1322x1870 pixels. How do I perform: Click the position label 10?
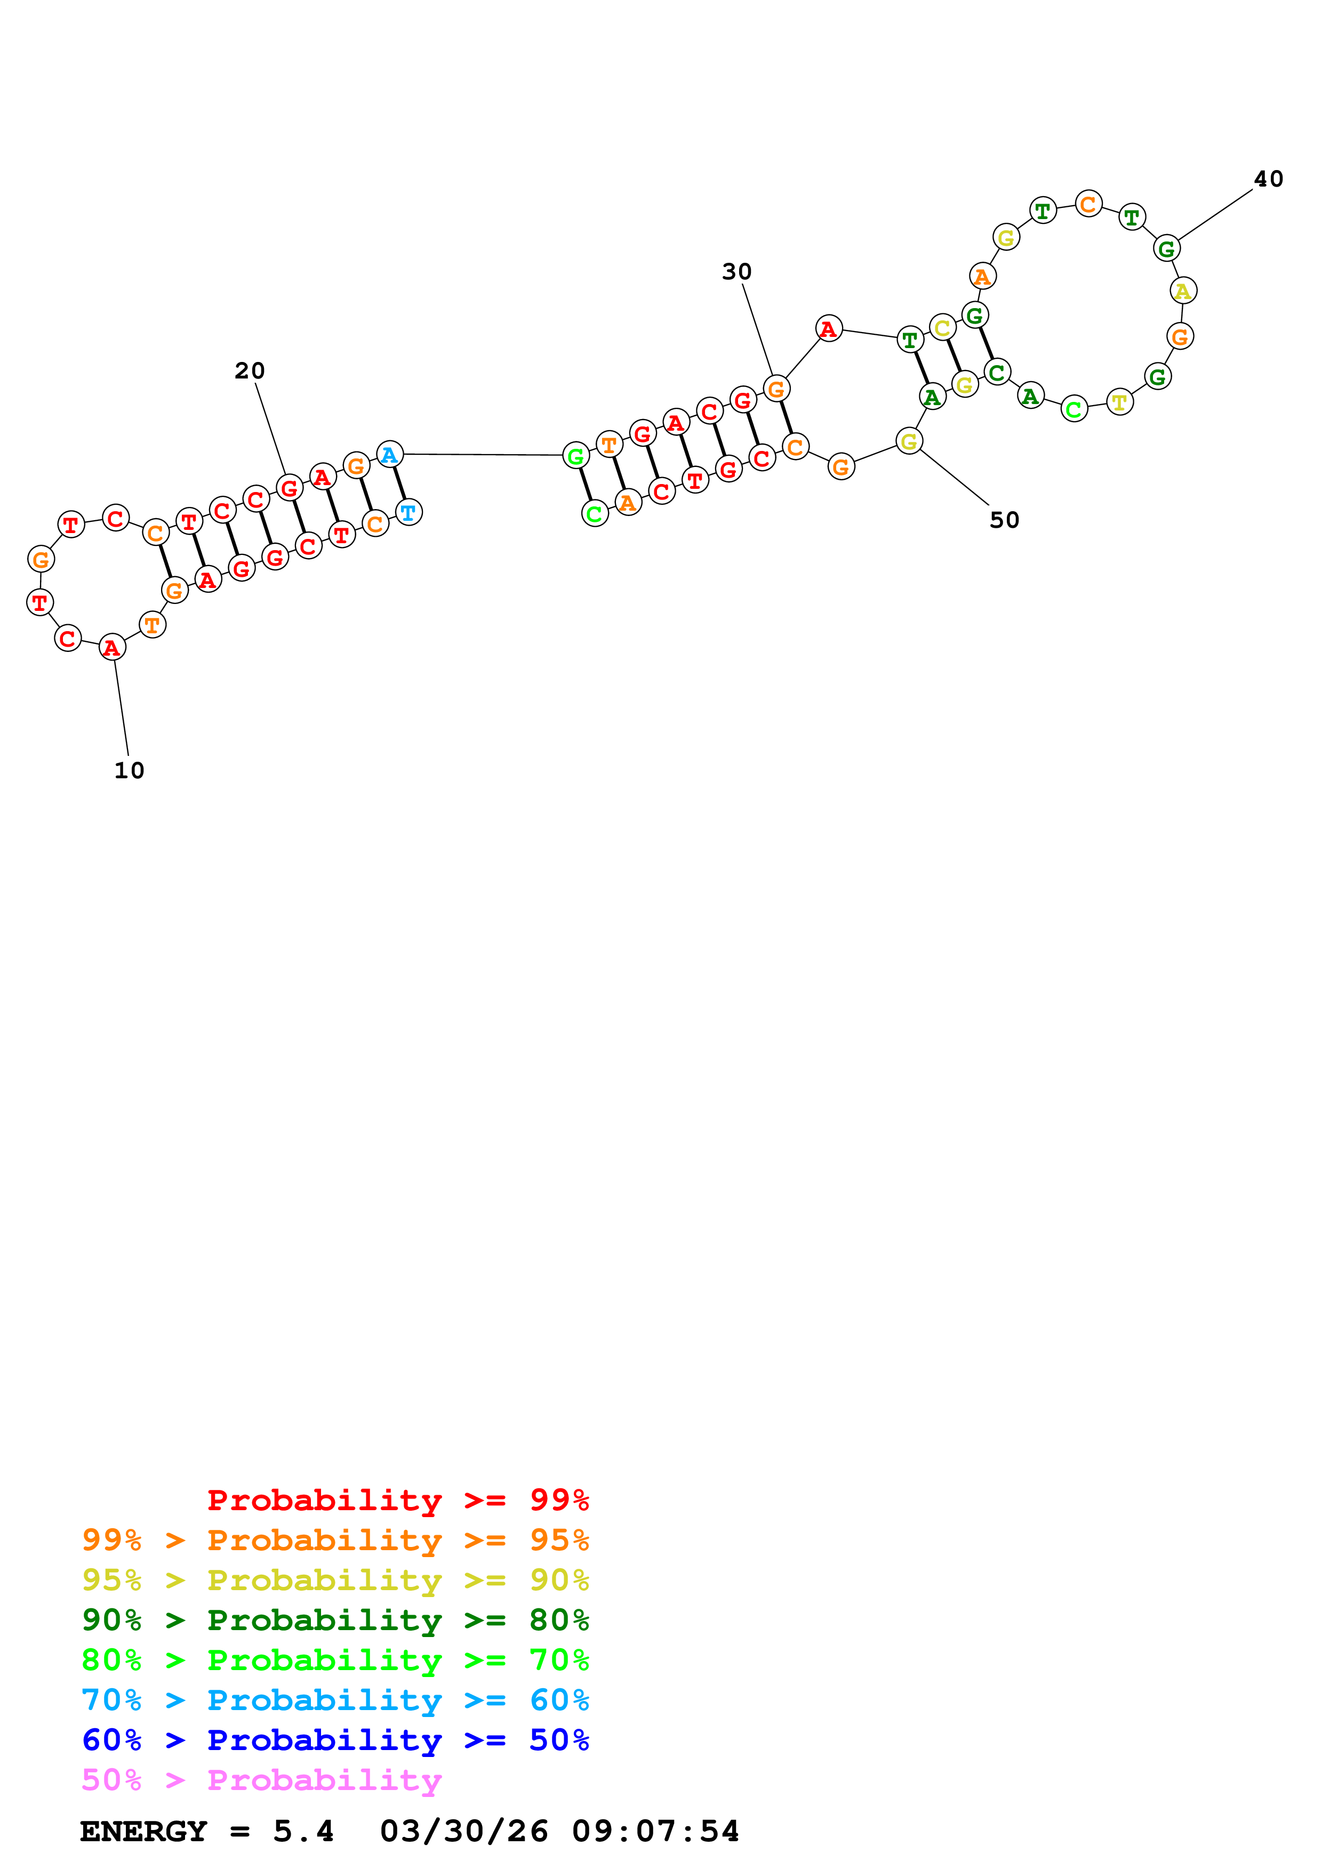point(129,770)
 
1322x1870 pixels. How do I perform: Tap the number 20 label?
point(249,370)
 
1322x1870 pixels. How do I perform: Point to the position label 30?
point(736,271)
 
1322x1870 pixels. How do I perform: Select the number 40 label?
point(1268,179)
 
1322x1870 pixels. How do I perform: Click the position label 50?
point(1004,520)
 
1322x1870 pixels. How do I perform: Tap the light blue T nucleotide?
point(408,512)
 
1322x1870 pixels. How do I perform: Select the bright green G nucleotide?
point(576,456)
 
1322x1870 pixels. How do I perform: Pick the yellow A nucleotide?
point(1183,290)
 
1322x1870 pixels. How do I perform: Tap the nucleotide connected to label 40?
point(1166,248)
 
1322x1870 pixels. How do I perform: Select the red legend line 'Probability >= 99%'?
point(397,1500)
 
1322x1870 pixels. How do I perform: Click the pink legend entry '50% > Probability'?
point(261,1779)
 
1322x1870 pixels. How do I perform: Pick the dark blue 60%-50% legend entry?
point(335,1740)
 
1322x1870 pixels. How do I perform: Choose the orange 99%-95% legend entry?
point(335,1540)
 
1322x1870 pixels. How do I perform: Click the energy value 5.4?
point(303,1832)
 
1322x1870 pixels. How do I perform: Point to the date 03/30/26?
point(463,1832)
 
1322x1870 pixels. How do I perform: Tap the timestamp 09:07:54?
point(655,1832)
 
